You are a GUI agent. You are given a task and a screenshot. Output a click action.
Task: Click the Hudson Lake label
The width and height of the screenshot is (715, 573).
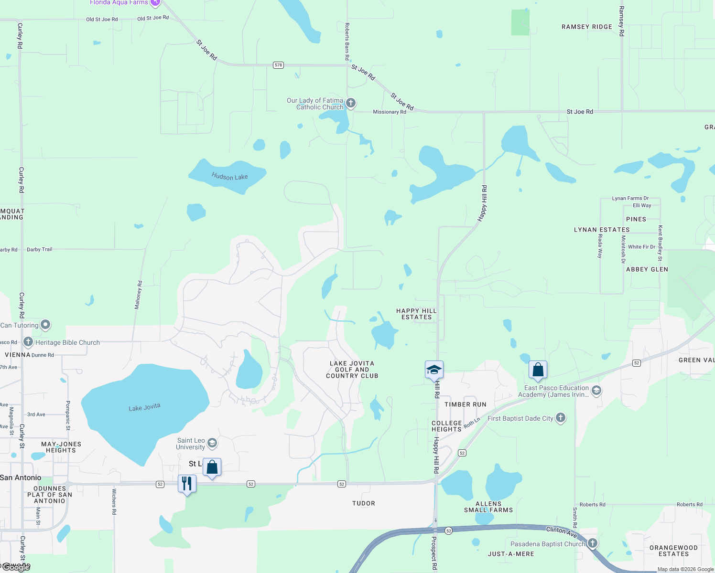pos(229,177)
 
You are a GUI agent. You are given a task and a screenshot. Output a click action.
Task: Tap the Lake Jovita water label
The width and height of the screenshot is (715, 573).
pos(144,407)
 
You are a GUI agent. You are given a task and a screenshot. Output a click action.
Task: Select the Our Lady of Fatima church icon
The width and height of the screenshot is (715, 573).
pos(351,103)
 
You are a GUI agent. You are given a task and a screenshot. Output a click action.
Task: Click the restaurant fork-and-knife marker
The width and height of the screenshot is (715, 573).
pos(187,484)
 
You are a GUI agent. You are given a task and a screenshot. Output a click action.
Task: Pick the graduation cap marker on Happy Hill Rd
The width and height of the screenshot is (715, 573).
pos(434,370)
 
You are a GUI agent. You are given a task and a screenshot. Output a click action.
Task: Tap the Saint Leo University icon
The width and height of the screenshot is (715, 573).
pos(212,443)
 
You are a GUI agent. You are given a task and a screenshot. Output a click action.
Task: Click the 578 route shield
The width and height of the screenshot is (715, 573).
pos(279,65)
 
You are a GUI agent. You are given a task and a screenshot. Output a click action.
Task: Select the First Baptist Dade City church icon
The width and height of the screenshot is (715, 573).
pos(561,418)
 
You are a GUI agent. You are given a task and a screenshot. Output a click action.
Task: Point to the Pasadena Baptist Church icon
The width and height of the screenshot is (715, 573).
pos(593,543)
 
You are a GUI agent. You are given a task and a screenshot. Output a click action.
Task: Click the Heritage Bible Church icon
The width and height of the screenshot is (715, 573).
pos(28,342)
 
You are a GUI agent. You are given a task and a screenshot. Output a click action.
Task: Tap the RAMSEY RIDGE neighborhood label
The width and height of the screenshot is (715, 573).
pos(587,27)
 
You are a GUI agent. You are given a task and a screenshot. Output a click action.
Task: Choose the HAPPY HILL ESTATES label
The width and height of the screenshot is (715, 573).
pos(416,314)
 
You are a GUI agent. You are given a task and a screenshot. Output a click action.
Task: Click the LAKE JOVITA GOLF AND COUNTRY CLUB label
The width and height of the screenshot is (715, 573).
pos(352,370)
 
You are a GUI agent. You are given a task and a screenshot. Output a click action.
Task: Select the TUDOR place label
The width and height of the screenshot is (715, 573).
pos(364,503)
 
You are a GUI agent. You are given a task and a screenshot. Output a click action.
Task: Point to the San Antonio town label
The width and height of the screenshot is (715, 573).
pos(21,477)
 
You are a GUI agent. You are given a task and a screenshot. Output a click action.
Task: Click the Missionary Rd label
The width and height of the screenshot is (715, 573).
pos(390,112)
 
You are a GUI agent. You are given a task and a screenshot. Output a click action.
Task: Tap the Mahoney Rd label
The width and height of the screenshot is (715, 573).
pos(138,295)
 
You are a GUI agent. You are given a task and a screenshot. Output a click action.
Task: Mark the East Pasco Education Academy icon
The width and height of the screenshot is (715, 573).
pos(596,391)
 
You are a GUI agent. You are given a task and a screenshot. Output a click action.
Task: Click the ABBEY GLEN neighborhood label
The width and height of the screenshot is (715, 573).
pos(647,269)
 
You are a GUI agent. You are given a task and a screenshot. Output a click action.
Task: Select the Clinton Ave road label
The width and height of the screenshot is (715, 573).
pos(562,531)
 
